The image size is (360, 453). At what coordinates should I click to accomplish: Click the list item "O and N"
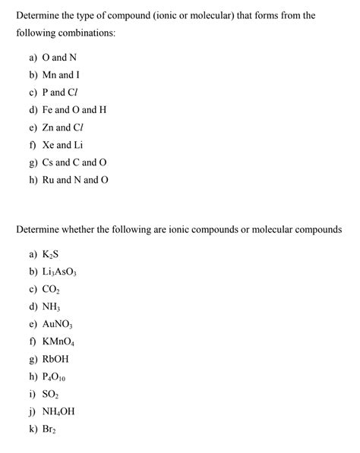pos(70,57)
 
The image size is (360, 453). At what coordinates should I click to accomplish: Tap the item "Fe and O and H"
pos(83,109)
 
